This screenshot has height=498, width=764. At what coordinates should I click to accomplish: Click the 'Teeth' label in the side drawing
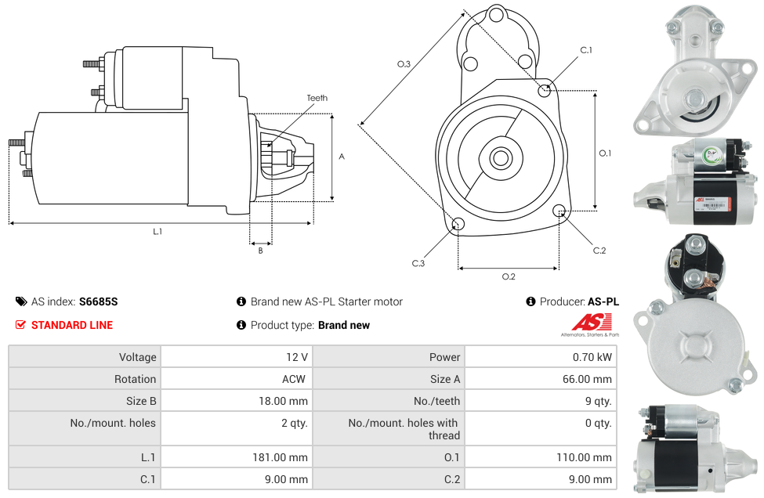click(x=317, y=98)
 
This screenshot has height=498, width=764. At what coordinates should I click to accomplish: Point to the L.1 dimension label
click(x=158, y=231)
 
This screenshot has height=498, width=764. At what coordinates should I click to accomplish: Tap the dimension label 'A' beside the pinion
click(x=341, y=157)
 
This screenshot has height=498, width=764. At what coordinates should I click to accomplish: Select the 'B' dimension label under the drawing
click(x=260, y=251)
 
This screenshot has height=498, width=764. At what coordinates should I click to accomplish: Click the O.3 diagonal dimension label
click(x=404, y=64)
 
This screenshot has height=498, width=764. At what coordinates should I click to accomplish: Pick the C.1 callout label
click(x=586, y=50)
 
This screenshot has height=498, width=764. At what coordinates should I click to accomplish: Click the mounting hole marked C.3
click(x=458, y=226)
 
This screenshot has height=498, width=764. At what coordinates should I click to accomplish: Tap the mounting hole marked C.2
click(x=559, y=211)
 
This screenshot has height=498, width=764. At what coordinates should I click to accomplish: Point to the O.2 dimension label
click(x=509, y=276)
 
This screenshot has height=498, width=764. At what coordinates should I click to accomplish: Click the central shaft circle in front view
click(x=500, y=158)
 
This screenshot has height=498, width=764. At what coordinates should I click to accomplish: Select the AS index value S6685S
click(x=98, y=301)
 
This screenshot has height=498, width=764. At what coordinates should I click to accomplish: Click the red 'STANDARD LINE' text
click(x=71, y=325)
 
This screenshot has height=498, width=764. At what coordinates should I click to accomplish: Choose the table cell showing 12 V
click(x=296, y=357)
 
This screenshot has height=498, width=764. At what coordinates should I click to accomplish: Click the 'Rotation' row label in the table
click(x=135, y=379)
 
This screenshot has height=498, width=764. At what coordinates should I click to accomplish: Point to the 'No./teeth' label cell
click(x=438, y=401)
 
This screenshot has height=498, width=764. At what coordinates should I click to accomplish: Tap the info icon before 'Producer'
click(x=530, y=301)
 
